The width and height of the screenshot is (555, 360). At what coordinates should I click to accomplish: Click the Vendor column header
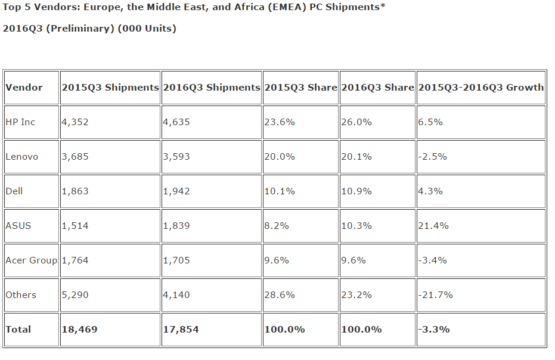point(24,88)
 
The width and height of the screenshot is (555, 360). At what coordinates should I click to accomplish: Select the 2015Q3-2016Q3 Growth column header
point(480,88)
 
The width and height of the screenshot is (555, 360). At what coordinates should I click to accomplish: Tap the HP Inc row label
point(20,122)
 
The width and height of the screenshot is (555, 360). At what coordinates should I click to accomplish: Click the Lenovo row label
point(21,157)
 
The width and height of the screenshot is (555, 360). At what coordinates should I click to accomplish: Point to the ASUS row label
point(18,226)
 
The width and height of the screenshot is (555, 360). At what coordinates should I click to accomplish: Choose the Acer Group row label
point(31,260)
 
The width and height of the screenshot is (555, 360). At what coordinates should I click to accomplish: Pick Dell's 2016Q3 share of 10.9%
point(356,191)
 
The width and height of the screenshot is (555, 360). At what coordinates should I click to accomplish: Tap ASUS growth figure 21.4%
point(433,226)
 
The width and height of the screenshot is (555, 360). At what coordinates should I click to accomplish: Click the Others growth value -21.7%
point(435,295)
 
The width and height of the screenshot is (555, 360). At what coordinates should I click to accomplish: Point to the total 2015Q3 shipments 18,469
point(79,330)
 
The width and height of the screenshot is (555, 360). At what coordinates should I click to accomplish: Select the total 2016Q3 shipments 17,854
point(181,330)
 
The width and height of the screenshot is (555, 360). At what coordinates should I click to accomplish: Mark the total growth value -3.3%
point(434,330)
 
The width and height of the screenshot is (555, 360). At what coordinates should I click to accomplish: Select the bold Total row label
point(18,330)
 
